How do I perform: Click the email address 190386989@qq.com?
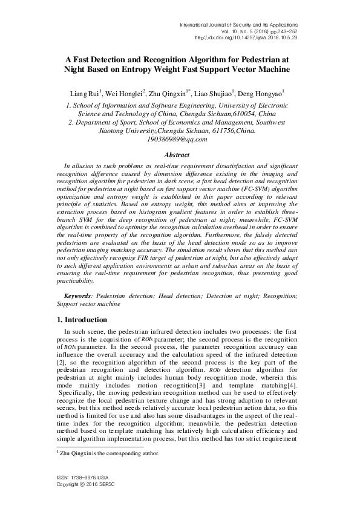(x=177, y=138)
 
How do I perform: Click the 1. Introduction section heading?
(x=84, y=319)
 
